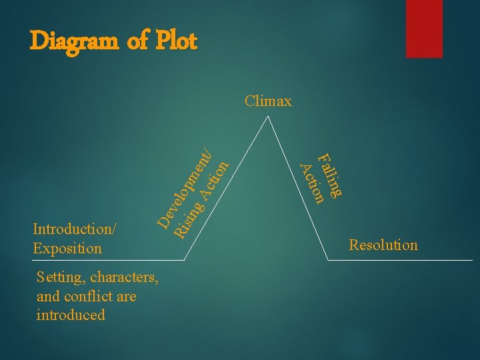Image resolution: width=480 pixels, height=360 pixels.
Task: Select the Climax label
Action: click(x=268, y=101)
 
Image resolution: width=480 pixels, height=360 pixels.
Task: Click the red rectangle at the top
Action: click(x=415, y=28)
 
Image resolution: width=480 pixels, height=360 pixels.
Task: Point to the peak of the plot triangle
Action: click(x=268, y=117)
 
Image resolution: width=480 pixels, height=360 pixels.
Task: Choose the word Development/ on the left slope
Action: click(x=186, y=189)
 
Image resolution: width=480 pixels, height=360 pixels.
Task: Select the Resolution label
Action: click(x=383, y=245)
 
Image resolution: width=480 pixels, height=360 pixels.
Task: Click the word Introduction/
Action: click(x=75, y=229)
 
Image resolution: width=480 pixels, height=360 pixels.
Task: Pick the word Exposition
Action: click(x=67, y=249)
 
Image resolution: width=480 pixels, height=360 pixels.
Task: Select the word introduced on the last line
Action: click(x=71, y=315)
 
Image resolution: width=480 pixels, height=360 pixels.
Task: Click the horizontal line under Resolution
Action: click(x=400, y=259)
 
